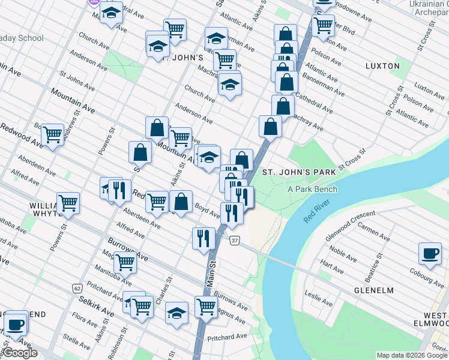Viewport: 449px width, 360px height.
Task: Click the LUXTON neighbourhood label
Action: pos(382,65)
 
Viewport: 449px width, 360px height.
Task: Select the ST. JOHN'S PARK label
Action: pos(299,173)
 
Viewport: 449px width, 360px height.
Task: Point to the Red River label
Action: pos(317,212)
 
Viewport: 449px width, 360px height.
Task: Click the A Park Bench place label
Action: pos(312,190)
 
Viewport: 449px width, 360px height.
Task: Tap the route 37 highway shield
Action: pos(234,241)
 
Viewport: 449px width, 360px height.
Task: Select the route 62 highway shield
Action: pos(77,288)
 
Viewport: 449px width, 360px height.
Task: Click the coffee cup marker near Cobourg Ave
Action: pos(430,254)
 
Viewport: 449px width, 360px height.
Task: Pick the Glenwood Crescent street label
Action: pos(349,218)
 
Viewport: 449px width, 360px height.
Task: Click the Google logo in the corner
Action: pos(20,353)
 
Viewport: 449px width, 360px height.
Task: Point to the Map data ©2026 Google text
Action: pos(412,355)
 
